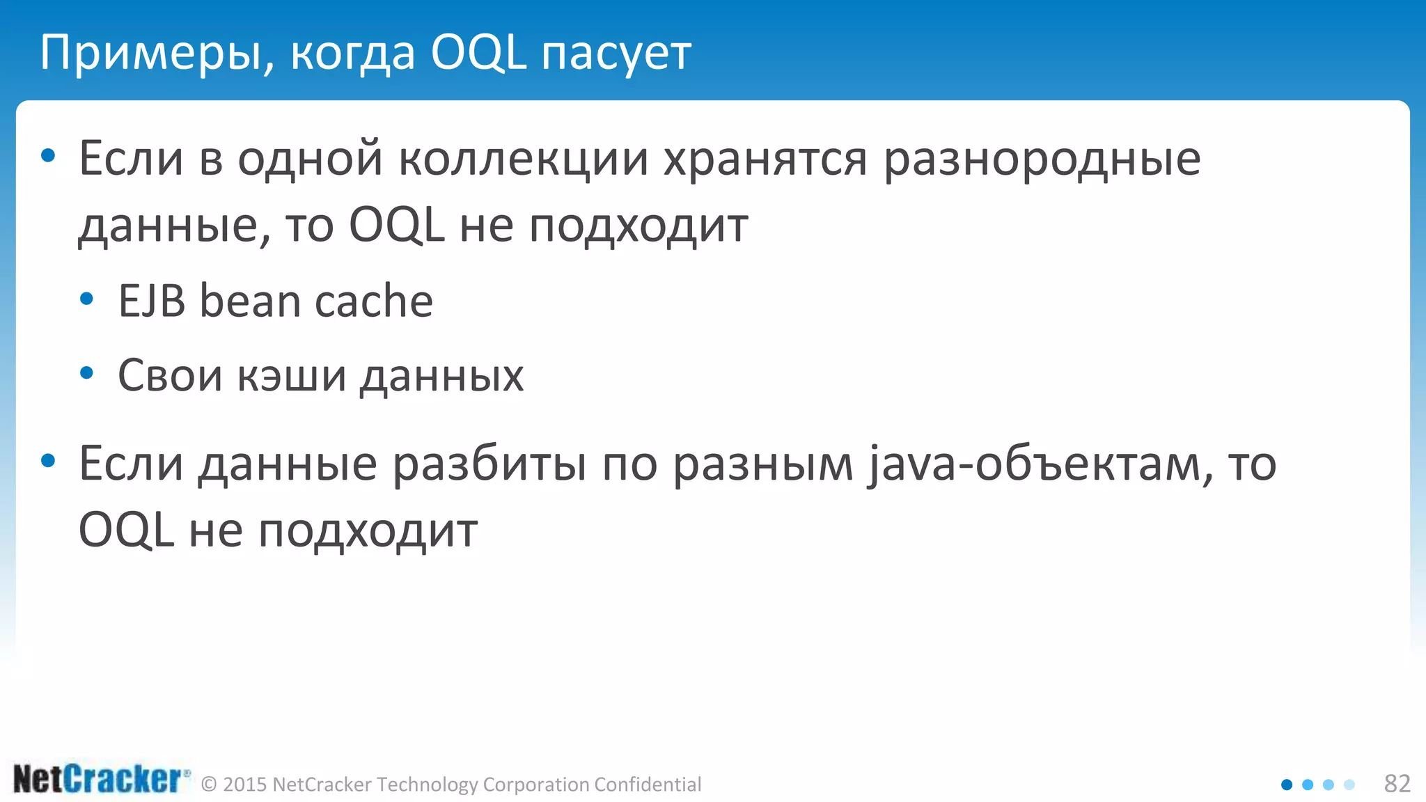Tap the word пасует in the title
(616, 53)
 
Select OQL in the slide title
(478, 53)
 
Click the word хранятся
(765, 159)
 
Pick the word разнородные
(1042, 159)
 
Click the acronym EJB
(152, 301)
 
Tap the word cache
(374, 301)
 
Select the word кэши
(292, 376)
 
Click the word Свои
(170, 376)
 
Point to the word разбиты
(489, 464)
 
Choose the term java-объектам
(1038, 464)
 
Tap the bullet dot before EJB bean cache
(87, 299)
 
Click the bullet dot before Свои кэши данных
(87, 374)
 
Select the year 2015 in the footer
(245, 785)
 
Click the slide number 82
(1397, 784)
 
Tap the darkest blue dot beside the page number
(1287, 785)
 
